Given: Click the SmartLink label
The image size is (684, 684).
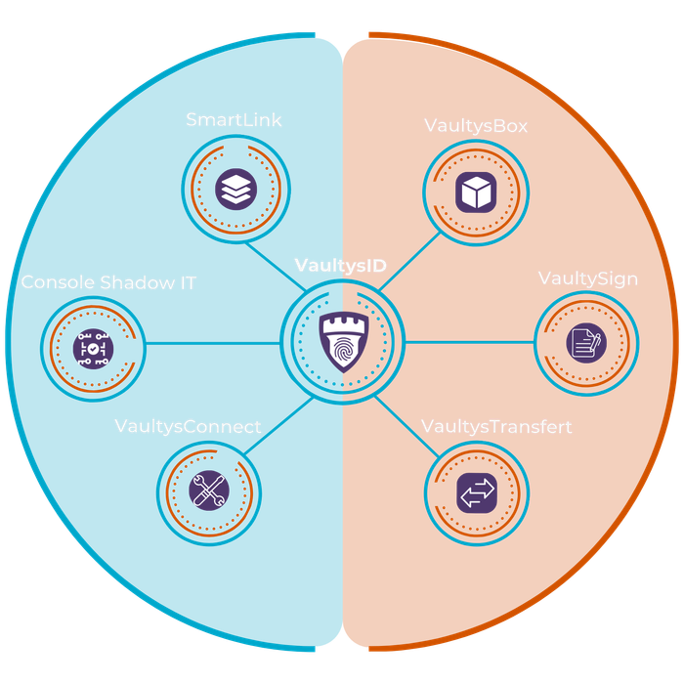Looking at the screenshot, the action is point(234,120).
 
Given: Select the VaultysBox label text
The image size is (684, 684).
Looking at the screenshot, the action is point(476,126).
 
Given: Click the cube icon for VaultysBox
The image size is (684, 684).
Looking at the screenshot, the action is point(477,192).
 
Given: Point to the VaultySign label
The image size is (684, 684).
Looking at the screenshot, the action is point(588,279).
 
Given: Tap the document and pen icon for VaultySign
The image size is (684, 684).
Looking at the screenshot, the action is point(586,343).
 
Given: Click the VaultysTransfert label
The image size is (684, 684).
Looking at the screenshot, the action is point(496,427).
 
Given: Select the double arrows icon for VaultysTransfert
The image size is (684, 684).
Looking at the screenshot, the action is point(477,492).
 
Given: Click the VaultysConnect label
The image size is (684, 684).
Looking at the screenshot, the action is point(188,427).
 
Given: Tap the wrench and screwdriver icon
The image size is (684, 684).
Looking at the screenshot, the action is point(206,490).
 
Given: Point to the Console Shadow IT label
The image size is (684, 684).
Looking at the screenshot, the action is point(108,283).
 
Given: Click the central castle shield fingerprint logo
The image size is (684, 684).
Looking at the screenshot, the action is point(342,341).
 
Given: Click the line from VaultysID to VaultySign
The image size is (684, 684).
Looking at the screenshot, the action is point(469,342).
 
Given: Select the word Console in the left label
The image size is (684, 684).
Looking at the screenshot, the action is point(57,283).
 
